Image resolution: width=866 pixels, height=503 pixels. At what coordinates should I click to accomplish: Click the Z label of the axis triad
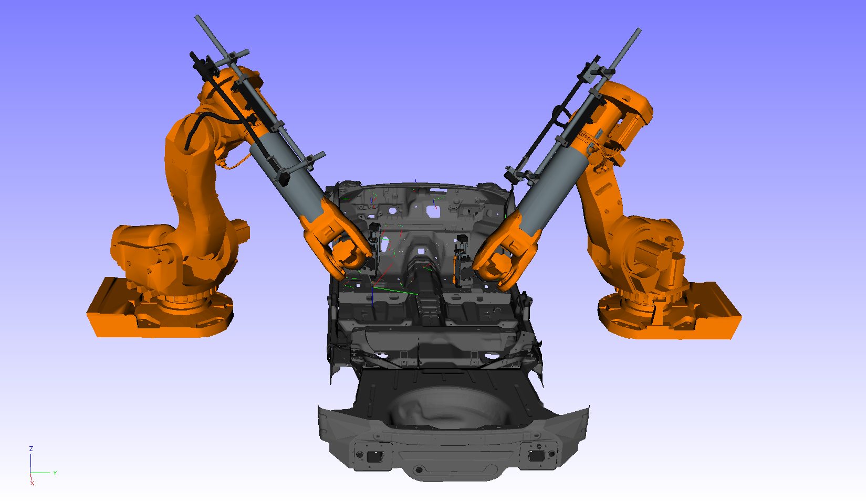(x=31, y=449)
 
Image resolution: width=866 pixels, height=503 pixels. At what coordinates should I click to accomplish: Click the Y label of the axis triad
(x=55, y=473)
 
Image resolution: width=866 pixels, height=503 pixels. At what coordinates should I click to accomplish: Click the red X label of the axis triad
(x=32, y=483)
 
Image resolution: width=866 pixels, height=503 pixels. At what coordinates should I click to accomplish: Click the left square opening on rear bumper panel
(x=374, y=456)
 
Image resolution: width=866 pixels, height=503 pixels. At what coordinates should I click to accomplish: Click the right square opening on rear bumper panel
(x=536, y=455)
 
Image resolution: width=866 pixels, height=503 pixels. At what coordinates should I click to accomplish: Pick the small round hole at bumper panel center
(x=419, y=469)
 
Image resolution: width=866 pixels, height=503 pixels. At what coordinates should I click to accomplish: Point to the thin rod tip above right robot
(x=639, y=31)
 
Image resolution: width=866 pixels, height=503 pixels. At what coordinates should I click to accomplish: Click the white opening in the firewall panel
(x=433, y=211)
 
